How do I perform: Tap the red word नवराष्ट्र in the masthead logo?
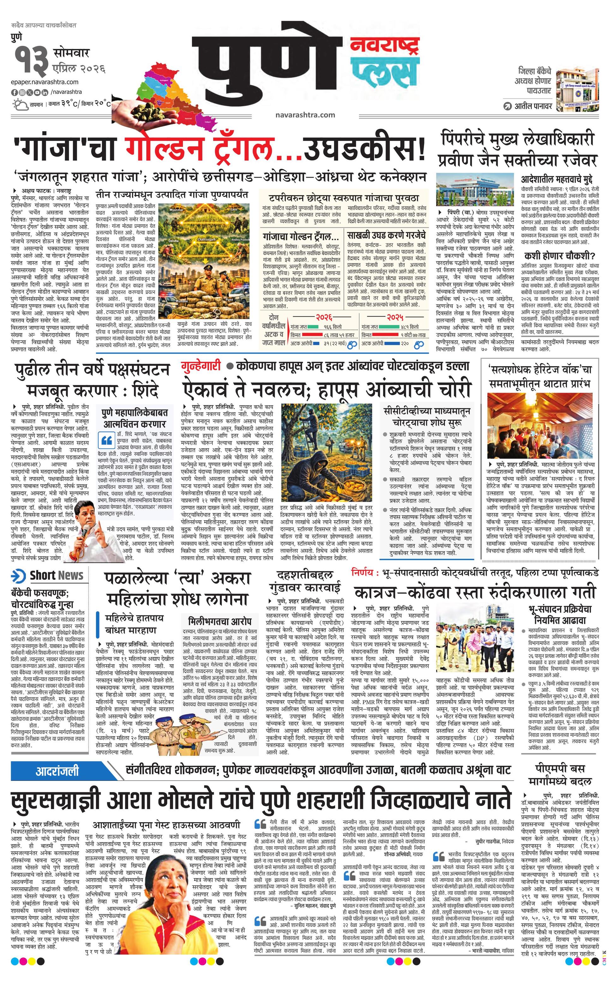pyautogui.click(x=384, y=47)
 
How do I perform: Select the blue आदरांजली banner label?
pyautogui.click(x=57, y=771)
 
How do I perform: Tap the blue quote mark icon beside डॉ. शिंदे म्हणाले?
pyautogui.click(x=107, y=440)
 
